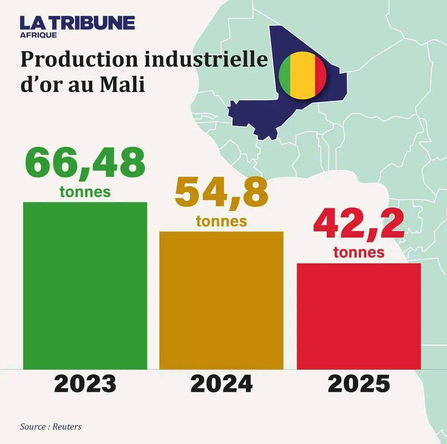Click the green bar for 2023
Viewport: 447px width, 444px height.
85,285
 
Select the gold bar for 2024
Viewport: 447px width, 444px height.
221,300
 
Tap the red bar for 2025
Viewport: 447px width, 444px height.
359,316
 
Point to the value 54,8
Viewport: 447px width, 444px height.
221,194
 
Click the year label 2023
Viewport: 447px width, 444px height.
85,384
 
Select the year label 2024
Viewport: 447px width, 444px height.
221,384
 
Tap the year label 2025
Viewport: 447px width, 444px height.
359,384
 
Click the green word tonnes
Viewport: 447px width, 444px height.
85,192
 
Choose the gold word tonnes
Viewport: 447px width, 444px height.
221,221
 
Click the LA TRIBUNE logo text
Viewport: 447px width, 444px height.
77,23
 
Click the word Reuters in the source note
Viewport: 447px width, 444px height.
67,427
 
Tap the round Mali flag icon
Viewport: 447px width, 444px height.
303,75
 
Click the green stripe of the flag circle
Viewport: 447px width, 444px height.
285,75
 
